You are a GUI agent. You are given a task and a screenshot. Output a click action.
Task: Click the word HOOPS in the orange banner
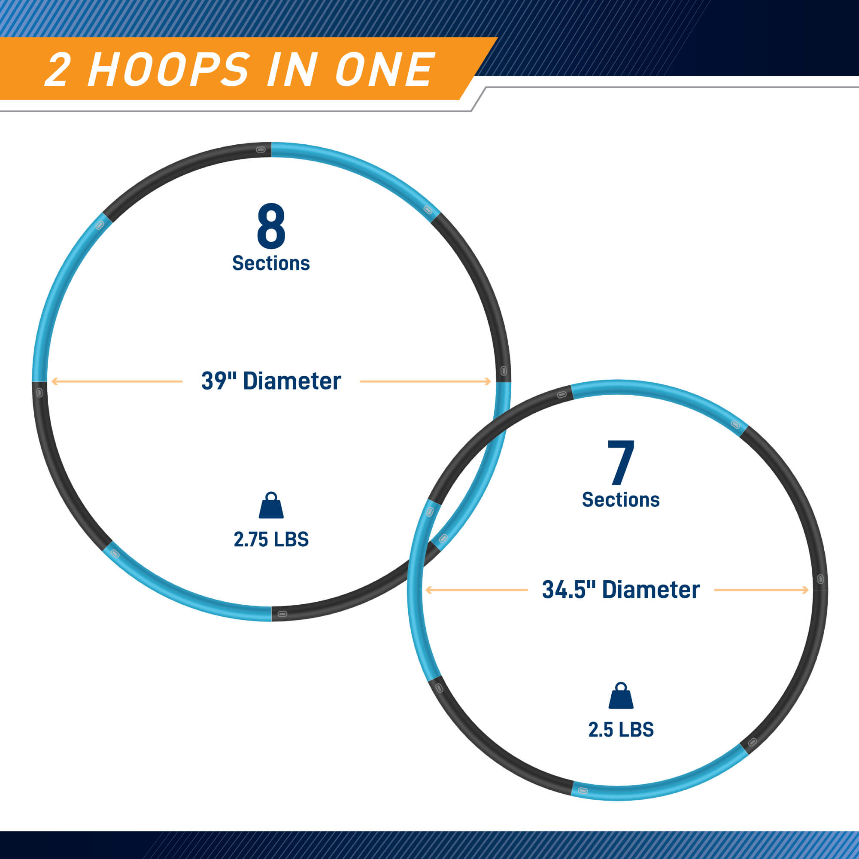click(169, 70)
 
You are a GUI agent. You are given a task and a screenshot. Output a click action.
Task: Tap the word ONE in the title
click(385, 70)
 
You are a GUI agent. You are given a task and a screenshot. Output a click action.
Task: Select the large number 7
click(621, 462)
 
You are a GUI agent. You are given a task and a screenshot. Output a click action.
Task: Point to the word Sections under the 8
click(271, 263)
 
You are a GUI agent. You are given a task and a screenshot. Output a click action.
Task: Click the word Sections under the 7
click(621, 500)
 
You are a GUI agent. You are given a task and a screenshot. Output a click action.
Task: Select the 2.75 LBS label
click(271, 539)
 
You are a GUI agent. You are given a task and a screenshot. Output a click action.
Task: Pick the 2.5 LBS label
click(621, 730)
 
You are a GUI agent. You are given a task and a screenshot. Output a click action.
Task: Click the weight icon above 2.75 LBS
click(271, 505)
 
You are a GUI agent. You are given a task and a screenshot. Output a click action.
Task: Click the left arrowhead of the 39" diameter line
click(55, 381)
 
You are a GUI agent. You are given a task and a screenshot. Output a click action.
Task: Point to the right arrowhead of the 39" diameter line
click(488, 381)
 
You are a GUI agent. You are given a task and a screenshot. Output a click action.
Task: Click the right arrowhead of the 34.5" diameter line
click(805, 590)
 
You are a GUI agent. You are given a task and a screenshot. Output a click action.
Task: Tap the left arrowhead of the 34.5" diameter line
click(429, 590)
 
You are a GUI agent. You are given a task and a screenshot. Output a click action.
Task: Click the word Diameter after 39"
click(292, 381)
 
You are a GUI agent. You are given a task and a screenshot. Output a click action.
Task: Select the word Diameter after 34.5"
click(651, 590)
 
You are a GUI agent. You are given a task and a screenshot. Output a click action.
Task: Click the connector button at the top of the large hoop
click(261, 149)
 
